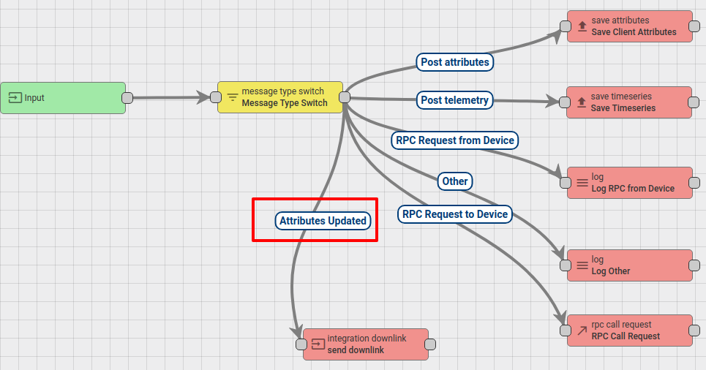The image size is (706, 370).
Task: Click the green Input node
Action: click(x=63, y=98)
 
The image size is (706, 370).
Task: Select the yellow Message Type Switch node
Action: click(x=280, y=97)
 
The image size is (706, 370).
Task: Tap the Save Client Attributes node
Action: click(x=630, y=26)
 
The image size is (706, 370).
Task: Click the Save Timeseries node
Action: click(x=630, y=102)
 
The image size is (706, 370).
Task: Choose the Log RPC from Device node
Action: click(x=630, y=183)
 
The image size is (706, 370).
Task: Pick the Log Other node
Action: click(x=630, y=265)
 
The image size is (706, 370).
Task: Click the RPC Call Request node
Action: click(x=630, y=331)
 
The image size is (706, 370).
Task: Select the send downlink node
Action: click(x=366, y=344)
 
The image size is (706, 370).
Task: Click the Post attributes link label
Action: click(x=455, y=62)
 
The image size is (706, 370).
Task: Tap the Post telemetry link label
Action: click(x=455, y=99)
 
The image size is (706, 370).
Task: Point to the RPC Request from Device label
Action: click(x=455, y=140)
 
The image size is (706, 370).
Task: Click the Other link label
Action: click(x=455, y=181)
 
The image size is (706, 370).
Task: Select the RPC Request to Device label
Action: click(x=455, y=214)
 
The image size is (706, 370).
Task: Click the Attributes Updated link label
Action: click(x=323, y=220)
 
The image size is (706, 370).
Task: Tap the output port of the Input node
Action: click(x=127, y=98)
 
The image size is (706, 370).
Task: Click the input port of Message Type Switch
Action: click(x=216, y=97)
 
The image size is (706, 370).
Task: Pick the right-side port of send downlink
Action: click(x=430, y=344)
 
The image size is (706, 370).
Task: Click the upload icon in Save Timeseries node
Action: click(x=582, y=102)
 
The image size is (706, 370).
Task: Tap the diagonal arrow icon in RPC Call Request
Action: click(x=582, y=331)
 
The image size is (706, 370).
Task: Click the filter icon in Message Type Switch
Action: click(x=233, y=97)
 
